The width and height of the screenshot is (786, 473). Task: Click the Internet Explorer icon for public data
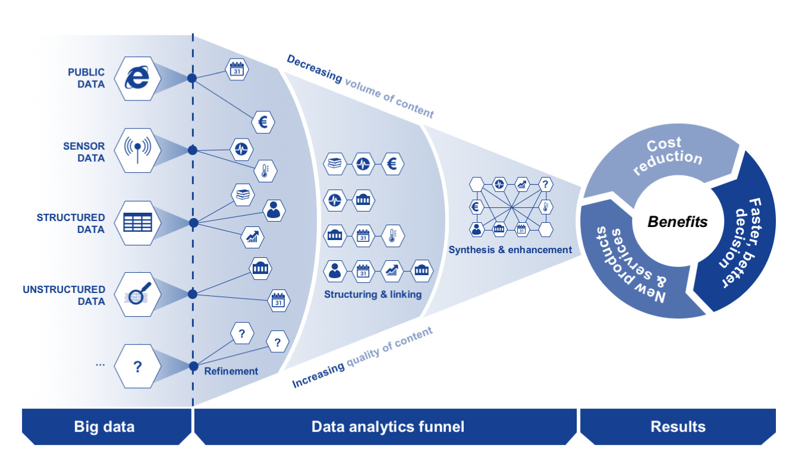(x=137, y=78)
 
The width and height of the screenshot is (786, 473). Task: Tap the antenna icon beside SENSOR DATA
(x=137, y=150)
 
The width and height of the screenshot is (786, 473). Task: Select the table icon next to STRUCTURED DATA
(x=137, y=222)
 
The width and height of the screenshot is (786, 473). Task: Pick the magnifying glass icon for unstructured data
(x=137, y=294)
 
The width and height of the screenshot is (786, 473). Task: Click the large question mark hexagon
(x=137, y=366)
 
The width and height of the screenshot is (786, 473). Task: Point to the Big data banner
(x=104, y=427)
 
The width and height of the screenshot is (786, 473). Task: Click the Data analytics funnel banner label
(x=388, y=427)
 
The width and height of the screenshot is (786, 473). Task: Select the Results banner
(x=678, y=427)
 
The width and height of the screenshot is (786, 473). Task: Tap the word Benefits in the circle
(x=678, y=222)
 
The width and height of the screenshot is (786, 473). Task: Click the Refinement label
(x=231, y=371)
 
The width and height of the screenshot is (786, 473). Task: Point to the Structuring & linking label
(x=373, y=294)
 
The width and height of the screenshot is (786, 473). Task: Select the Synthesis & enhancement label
(x=510, y=250)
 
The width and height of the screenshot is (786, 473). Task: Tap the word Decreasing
(x=314, y=69)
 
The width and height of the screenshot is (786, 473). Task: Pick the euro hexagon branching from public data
(x=263, y=122)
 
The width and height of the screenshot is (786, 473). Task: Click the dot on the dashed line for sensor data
(x=193, y=150)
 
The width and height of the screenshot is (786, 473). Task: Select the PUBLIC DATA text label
(x=86, y=78)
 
